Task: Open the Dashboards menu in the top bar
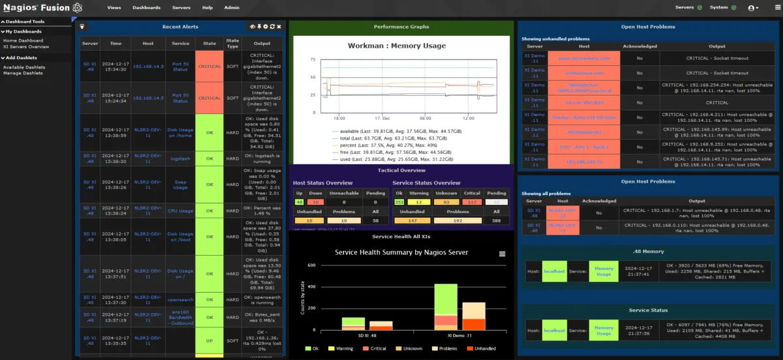146,8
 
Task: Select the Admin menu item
231,8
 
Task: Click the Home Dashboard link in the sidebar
23,40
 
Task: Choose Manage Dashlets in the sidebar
23,73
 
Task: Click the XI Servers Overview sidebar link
26,47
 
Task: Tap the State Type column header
232,43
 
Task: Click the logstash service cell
180,158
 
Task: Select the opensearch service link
180,300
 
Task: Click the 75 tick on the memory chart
313,60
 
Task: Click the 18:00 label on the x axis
339,118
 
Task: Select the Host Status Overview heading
322,183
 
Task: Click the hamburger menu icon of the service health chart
502,254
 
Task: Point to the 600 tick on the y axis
311,265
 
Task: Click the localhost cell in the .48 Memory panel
554,271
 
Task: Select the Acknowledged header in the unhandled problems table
640,46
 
